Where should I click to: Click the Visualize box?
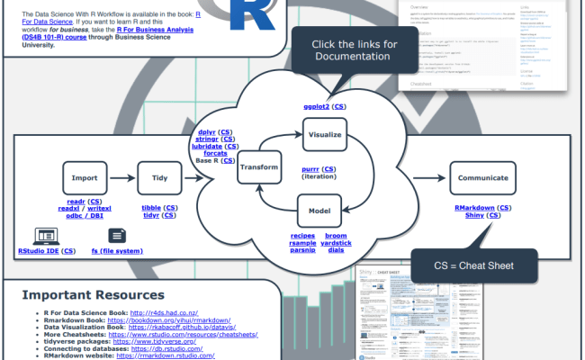(x=325, y=134)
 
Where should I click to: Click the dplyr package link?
(x=207, y=132)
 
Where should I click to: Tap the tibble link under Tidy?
(x=151, y=207)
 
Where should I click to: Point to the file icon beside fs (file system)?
(x=115, y=236)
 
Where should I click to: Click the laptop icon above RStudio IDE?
(x=45, y=236)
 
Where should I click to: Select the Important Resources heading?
(x=93, y=295)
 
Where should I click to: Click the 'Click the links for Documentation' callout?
(x=354, y=50)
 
